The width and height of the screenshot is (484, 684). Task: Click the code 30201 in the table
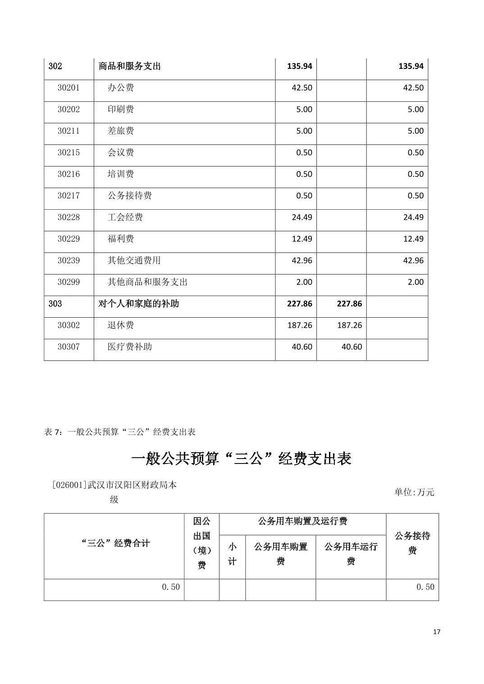[x=68, y=88]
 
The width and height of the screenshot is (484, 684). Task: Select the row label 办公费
[x=120, y=88]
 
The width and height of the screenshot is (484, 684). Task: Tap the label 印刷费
[x=120, y=109]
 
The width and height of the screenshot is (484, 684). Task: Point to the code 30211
[x=68, y=131]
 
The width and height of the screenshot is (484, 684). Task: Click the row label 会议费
[x=120, y=153]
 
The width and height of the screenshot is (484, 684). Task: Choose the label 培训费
[x=120, y=174]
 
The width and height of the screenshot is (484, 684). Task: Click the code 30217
[x=68, y=196]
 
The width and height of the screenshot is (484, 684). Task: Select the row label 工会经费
[x=125, y=217]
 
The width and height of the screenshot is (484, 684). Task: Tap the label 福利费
[x=120, y=239]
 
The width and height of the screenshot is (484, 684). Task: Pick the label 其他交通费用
[x=134, y=261]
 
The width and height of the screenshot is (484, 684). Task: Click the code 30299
[x=68, y=282]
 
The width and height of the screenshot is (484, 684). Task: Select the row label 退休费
[x=120, y=325]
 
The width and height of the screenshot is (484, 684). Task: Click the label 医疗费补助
[x=129, y=347]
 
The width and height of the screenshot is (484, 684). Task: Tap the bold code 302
[x=55, y=66]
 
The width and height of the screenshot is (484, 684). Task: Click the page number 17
[x=436, y=632]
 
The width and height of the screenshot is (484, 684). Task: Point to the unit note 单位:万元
[x=414, y=492]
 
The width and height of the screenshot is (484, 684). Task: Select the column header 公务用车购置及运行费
[x=302, y=522]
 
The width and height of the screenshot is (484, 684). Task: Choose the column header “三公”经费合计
[x=115, y=543]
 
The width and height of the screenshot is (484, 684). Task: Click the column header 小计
[x=232, y=554]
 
